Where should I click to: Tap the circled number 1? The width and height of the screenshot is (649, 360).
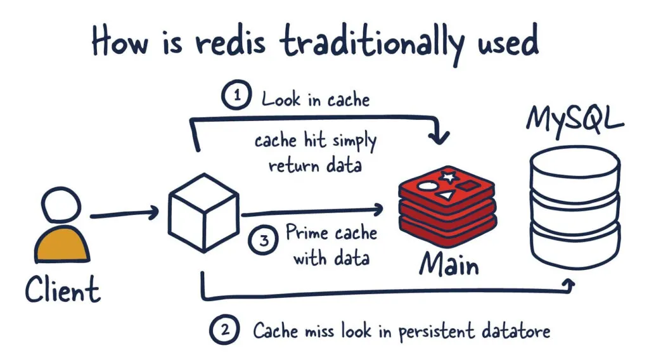pyautogui.click(x=236, y=98)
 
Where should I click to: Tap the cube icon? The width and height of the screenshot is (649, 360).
pyautogui.click(x=202, y=213)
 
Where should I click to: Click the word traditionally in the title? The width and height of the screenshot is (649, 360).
pyautogui.click(x=368, y=42)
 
